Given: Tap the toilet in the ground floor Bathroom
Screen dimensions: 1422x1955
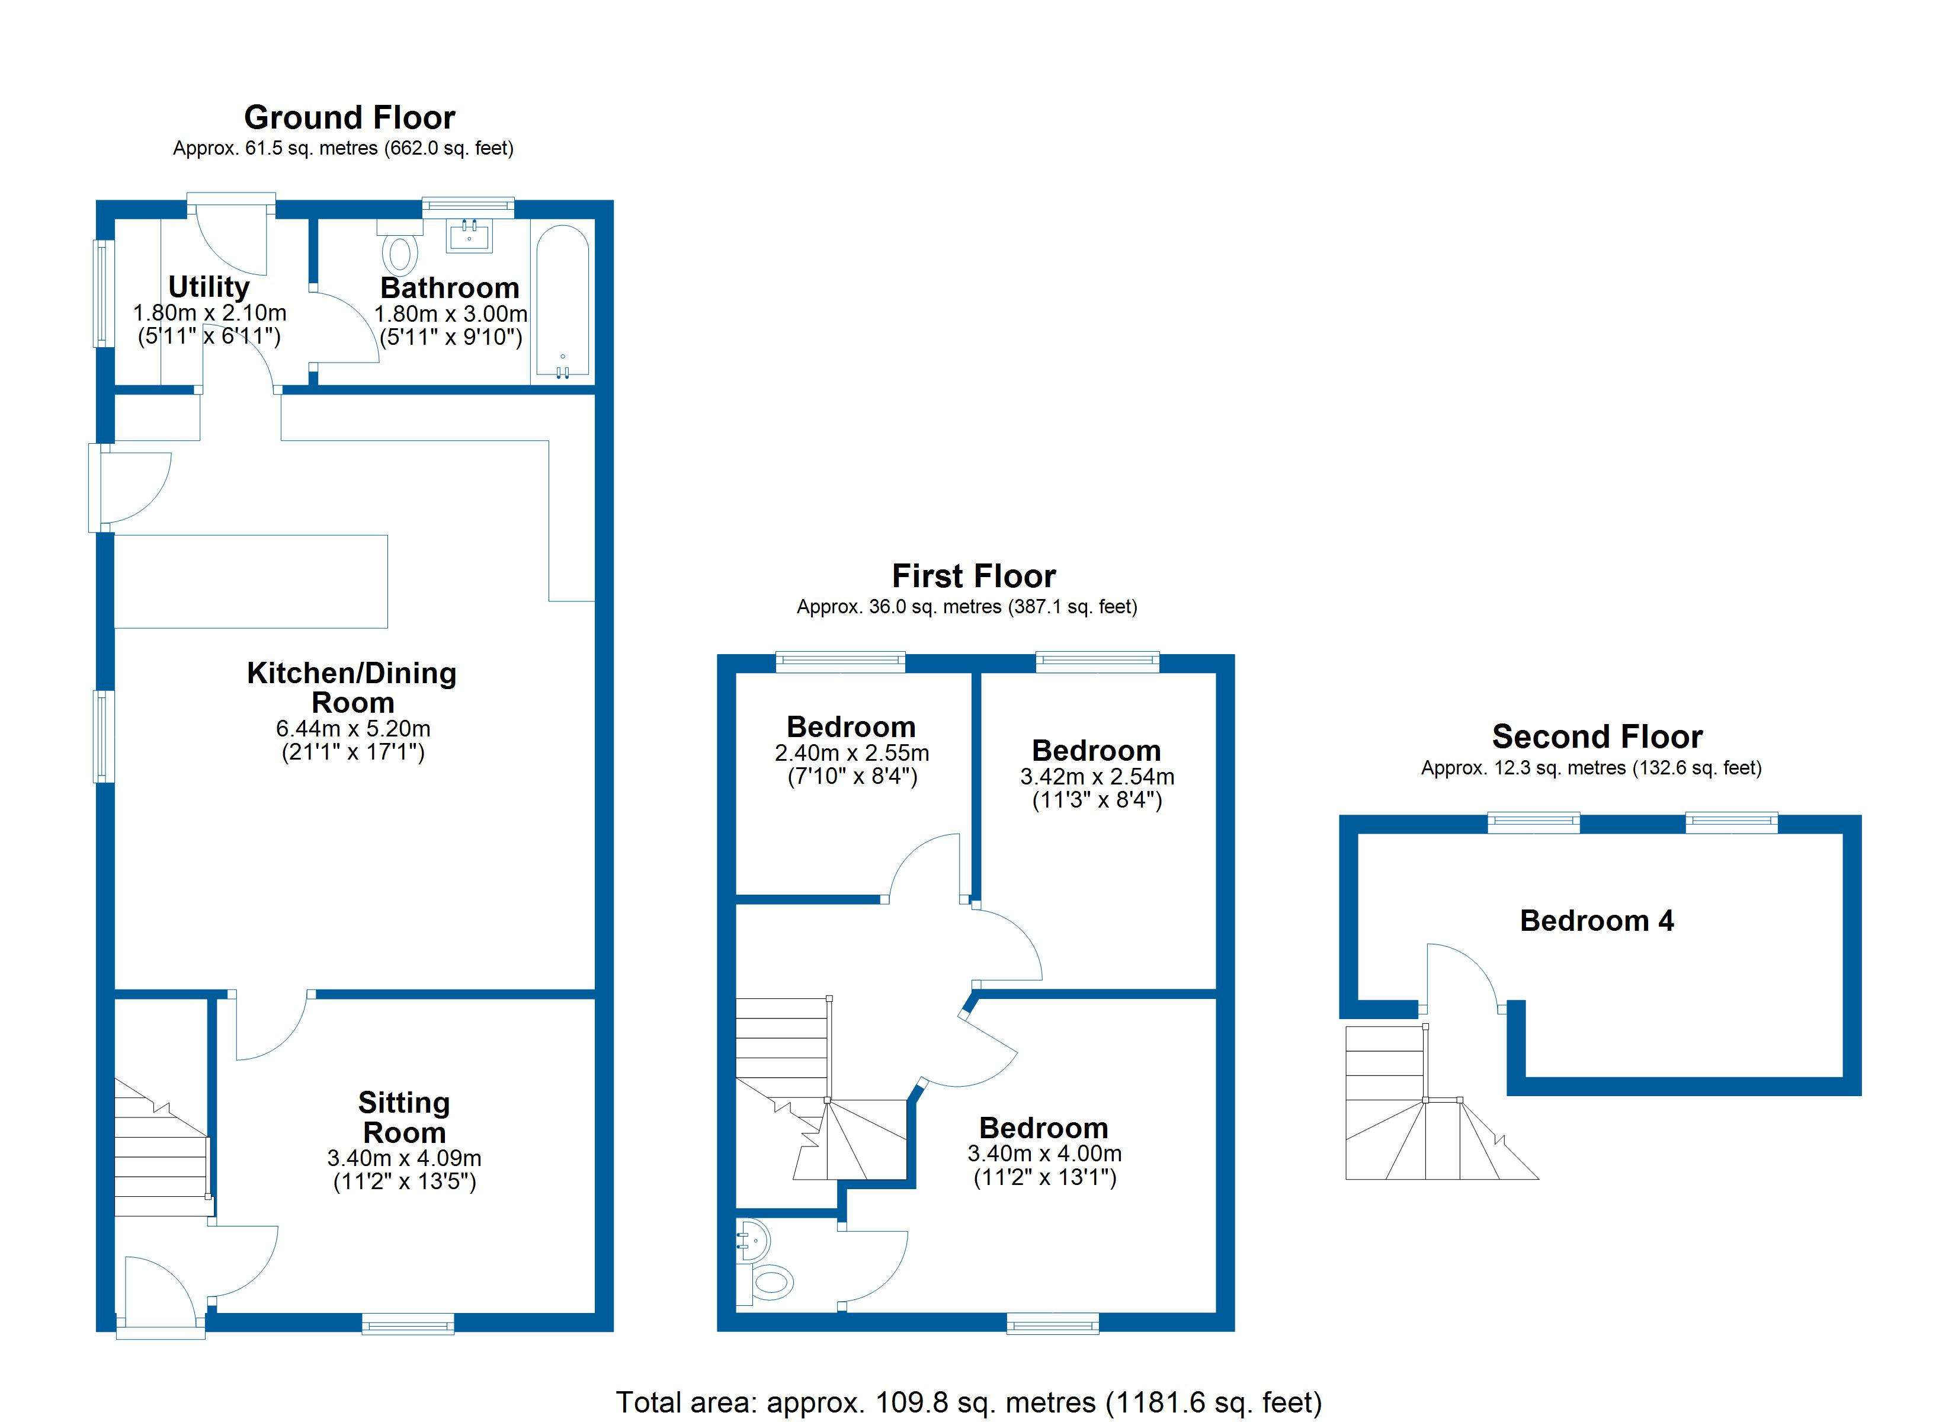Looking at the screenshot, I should pos(399,251).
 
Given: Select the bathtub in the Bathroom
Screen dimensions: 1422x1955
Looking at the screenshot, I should pos(563,302).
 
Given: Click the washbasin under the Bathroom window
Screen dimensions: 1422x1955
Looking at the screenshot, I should pos(469,235).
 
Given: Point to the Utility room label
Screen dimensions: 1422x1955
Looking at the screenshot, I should pos(209,286).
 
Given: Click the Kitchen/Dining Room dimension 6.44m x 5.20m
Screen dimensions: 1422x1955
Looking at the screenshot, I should pos(352,729).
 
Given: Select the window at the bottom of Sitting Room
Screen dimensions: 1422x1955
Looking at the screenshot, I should pos(408,1324).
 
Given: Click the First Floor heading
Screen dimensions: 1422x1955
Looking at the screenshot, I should pos(973,576).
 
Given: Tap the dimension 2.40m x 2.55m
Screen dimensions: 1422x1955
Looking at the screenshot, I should pos(852,753).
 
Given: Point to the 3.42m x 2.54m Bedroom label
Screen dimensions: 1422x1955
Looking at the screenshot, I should pos(1095,750).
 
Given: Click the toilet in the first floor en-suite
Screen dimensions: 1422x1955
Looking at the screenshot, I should pos(773,1282).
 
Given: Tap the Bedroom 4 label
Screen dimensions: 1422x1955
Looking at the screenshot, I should pos(1597,921).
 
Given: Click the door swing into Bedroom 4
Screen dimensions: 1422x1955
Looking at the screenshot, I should pos(1461,977).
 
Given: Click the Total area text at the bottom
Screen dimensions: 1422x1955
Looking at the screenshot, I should pos(968,1402).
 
